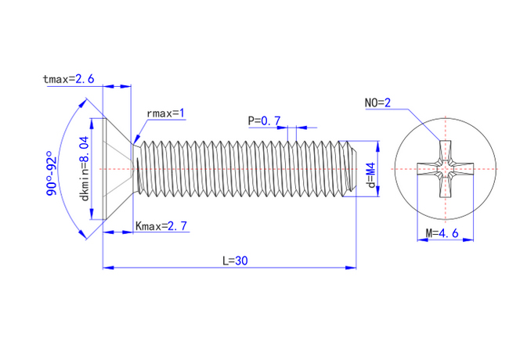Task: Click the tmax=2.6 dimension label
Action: click(x=70, y=79)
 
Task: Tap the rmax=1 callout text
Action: click(x=165, y=113)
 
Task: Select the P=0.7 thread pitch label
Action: click(x=264, y=121)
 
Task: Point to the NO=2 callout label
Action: click(x=377, y=103)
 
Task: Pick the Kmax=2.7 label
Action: click(x=161, y=226)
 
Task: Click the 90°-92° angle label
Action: click(x=52, y=173)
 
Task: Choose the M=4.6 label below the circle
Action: click(x=441, y=233)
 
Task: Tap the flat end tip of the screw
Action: click(x=355, y=167)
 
